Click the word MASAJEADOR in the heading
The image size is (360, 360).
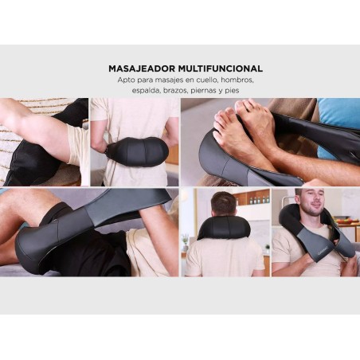tap(142, 68)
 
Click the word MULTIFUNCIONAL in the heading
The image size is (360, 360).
tap(221, 68)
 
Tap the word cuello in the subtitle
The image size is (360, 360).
tap(208, 80)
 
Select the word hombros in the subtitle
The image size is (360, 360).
tap(237, 80)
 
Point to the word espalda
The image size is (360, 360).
tap(147, 91)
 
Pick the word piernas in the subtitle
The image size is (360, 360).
tap(203, 91)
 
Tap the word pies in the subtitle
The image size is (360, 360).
tap(232, 91)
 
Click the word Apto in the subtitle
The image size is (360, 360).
tap(127, 80)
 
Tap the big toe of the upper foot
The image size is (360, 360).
tap(241, 106)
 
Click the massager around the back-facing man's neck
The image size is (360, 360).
tap(225, 229)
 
